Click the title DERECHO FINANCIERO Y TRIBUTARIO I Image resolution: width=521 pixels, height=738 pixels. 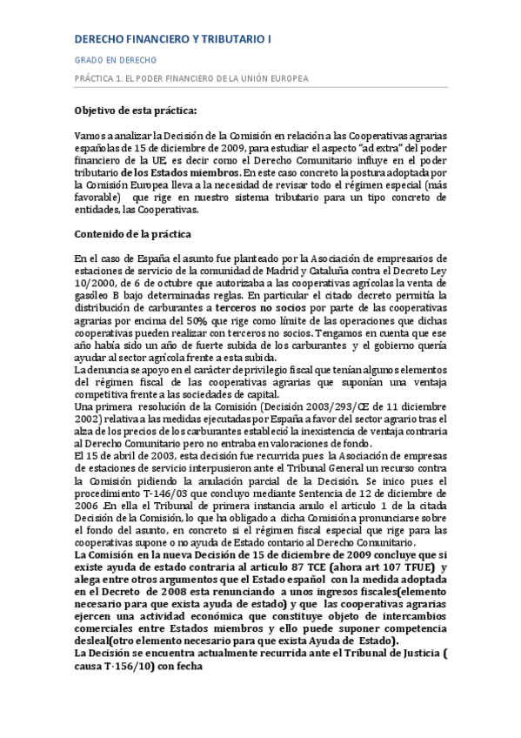[x=172, y=38]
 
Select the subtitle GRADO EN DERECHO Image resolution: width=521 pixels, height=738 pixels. [x=115, y=60]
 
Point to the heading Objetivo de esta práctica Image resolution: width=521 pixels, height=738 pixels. [x=136, y=111]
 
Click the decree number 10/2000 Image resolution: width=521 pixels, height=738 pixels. [x=94, y=284]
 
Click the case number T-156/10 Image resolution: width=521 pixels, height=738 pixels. [x=112, y=667]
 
